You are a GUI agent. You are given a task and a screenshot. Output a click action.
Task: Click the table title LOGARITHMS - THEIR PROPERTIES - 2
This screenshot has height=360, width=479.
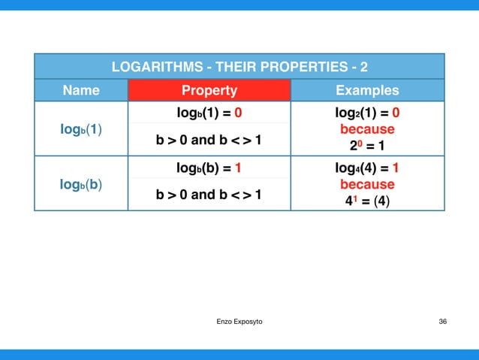click(x=239, y=67)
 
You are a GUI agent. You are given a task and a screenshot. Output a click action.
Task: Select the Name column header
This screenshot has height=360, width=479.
click(x=81, y=91)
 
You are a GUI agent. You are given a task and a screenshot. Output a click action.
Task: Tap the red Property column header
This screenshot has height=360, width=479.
click(x=209, y=91)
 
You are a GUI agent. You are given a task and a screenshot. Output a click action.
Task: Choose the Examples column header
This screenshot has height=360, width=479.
click(x=367, y=91)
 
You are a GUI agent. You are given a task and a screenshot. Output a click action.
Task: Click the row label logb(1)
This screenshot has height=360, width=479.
click(x=81, y=129)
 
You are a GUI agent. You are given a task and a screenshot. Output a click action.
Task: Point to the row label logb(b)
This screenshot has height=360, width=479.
click(x=81, y=185)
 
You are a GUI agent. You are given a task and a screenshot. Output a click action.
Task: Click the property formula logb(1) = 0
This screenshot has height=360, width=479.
click(x=209, y=114)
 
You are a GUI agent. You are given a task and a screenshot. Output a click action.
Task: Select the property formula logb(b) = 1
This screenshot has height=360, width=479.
click(x=209, y=168)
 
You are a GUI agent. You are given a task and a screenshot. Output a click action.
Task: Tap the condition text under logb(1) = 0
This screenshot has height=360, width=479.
click(x=209, y=141)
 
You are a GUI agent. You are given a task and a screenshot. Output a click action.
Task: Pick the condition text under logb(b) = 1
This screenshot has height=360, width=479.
click(x=209, y=195)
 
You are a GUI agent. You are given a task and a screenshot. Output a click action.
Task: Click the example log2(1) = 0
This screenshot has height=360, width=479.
click(x=367, y=114)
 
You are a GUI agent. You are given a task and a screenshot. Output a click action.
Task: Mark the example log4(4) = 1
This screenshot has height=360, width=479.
click(x=367, y=168)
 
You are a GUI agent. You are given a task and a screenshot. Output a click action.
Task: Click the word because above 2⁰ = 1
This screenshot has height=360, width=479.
click(x=367, y=129)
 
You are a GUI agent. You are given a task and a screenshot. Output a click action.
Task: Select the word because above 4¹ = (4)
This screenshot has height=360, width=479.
click(x=367, y=184)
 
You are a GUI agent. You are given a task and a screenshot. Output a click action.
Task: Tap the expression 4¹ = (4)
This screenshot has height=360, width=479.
click(x=367, y=201)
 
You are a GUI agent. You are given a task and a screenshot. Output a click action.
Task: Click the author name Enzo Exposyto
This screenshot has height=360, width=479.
click(x=239, y=322)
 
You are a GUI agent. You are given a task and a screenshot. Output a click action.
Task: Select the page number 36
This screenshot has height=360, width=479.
click(x=442, y=322)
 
